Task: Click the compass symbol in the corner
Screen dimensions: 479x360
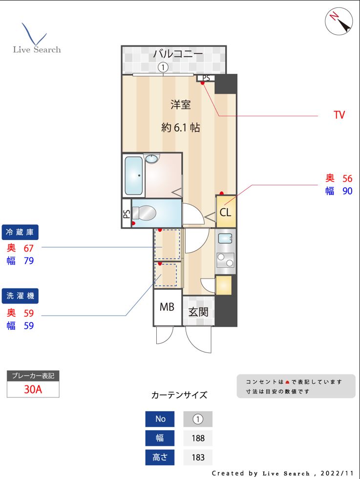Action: (339, 22)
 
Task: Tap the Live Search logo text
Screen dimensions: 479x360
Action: (37, 49)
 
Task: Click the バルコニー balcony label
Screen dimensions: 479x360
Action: (178, 54)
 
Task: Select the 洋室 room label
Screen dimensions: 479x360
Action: (180, 104)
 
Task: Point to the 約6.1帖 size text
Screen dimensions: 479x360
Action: (180, 128)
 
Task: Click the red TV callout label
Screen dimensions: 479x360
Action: (339, 115)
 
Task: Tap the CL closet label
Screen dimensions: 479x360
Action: (225, 213)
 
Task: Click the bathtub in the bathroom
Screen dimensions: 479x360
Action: (133, 175)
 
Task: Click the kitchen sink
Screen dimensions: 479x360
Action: (225, 239)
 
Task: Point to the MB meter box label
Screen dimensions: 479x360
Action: (167, 307)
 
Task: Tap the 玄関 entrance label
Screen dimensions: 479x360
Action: (199, 312)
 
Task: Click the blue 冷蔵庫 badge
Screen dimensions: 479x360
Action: (21, 232)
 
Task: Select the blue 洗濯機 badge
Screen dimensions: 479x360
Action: (21, 295)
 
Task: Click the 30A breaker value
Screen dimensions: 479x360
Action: (33, 390)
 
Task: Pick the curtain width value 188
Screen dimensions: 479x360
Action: (198, 438)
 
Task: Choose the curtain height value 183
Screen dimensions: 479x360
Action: (198, 457)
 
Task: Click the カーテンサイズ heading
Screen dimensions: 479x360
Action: (179, 395)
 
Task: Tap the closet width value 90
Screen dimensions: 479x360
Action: (347, 191)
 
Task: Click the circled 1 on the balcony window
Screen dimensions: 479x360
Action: (163, 67)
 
